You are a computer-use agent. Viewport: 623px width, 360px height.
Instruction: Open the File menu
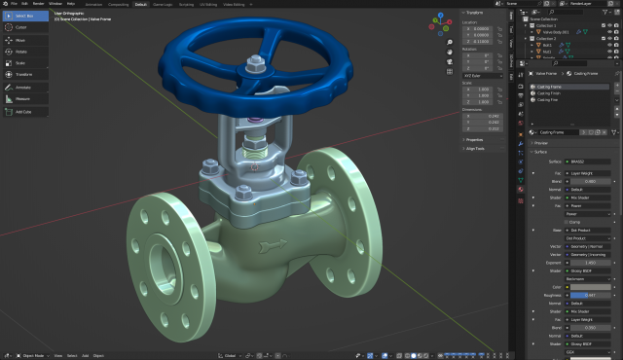coord(15,4)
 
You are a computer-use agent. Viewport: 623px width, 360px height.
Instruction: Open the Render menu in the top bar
coord(39,4)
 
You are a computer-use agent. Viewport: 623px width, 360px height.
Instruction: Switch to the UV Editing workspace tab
coord(208,4)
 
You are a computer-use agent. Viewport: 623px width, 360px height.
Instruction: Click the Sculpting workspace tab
coord(185,4)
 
